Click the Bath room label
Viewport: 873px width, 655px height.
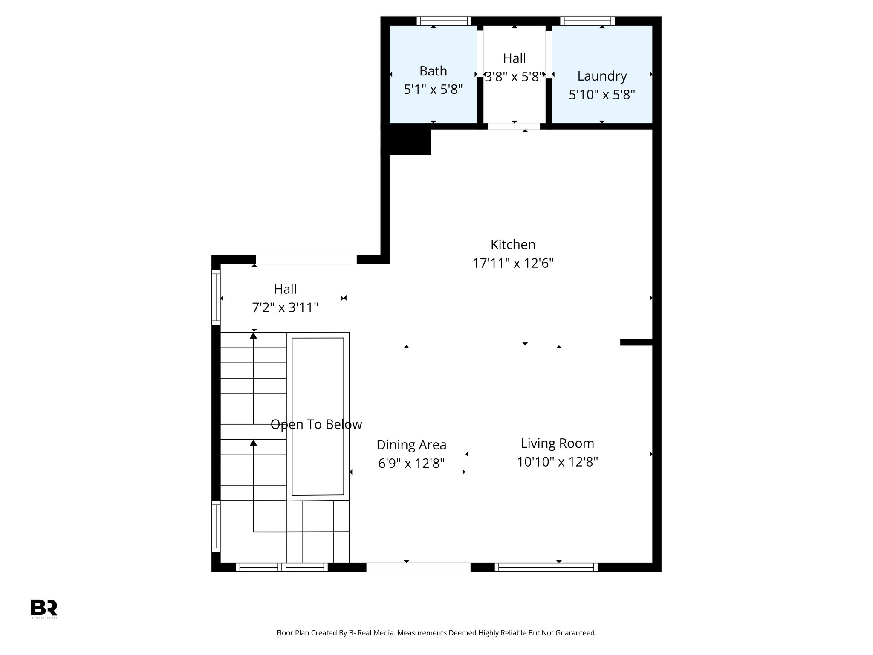point(433,71)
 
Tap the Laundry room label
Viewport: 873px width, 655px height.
point(602,76)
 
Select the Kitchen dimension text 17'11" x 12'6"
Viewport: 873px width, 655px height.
point(513,264)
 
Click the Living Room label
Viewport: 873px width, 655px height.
point(557,443)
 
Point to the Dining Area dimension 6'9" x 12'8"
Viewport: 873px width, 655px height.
point(411,463)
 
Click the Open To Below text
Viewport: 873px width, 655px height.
point(316,424)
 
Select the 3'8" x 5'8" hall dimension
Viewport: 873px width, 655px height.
point(514,77)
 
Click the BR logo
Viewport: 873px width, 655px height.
point(44,608)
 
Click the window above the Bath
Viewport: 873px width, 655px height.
point(444,21)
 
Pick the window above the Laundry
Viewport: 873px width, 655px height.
point(587,21)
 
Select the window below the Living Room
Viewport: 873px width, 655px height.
point(546,567)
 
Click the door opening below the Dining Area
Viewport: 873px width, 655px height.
point(418,567)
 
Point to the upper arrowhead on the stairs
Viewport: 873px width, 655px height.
point(254,336)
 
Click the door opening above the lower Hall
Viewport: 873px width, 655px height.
point(306,259)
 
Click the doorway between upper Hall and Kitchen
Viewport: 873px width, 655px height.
point(514,126)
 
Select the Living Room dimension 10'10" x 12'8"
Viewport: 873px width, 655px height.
point(557,462)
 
